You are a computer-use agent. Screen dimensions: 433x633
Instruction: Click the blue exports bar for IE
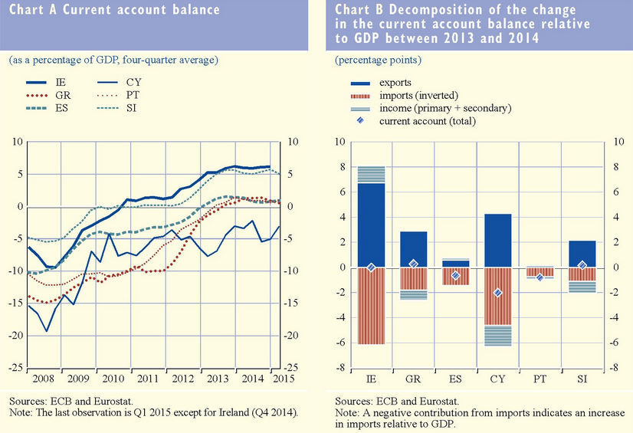tap(371, 225)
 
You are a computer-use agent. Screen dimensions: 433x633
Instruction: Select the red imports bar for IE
tap(371, 306)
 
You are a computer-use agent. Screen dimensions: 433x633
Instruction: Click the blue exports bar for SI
tap(582, 254)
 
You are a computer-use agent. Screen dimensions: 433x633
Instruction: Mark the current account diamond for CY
tap(498, 293)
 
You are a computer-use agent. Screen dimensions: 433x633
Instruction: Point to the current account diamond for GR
tap(414, 264)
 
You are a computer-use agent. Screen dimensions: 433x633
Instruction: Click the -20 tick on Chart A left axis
tap(15, 336)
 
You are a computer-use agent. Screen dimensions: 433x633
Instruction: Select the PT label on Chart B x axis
tap(540, 379)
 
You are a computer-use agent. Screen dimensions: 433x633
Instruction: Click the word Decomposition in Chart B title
tap(441, 11)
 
